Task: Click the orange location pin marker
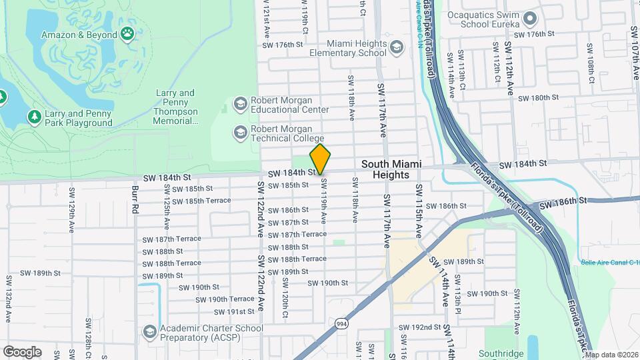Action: point(320,159)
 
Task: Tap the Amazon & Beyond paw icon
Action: point(127,33)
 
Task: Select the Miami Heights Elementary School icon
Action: point(397,47)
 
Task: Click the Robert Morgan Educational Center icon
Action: point(239,104)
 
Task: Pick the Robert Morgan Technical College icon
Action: point(239,132)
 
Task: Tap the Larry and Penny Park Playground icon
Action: point(34,117)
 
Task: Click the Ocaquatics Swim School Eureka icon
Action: point(531,18)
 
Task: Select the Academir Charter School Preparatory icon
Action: point(149,331)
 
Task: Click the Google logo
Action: point(22,351)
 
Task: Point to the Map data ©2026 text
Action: point(611,355)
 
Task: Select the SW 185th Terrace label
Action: point(201,200)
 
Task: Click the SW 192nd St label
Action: point(420,328)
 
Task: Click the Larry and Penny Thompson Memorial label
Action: point(176,107)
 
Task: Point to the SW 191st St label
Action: point(232,311)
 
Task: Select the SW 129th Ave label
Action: point(71,204)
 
